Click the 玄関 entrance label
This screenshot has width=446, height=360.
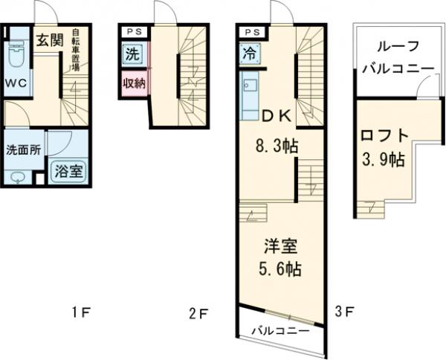(49, 40)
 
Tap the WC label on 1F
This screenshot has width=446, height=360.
(16, 83)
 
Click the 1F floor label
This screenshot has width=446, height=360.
(81, 313)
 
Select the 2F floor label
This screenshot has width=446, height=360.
(197, 313)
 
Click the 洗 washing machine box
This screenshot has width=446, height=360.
(131, 54)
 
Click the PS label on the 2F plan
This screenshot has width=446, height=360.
(132, 32)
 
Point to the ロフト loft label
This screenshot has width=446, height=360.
(384, 137)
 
